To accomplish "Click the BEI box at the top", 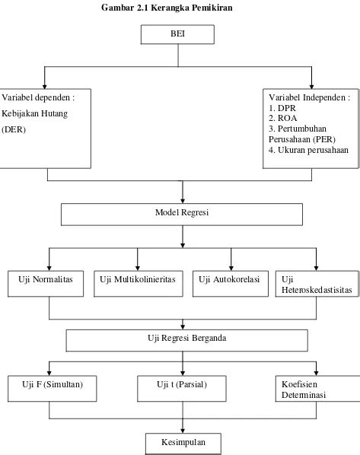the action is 177,34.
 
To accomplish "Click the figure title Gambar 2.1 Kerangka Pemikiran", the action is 167,8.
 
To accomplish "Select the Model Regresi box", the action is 182,215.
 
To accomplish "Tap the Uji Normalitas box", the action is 46,284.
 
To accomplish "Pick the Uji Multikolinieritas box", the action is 139,284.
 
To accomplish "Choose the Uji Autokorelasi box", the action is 231,284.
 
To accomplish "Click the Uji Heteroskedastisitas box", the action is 317,284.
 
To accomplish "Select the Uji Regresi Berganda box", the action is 187,340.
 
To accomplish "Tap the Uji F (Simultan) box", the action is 53,389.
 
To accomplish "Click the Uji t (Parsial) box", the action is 182,389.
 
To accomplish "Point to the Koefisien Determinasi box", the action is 318,389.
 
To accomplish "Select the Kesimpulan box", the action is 183,444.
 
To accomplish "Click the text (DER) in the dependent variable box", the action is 14,129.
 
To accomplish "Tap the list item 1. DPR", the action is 282,108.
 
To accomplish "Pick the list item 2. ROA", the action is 283,118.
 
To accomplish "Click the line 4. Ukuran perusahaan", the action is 308,150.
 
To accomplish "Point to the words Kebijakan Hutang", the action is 34,113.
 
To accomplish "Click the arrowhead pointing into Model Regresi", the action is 183,201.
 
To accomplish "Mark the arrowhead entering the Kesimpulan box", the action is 183,431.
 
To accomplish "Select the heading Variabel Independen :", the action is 310,97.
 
